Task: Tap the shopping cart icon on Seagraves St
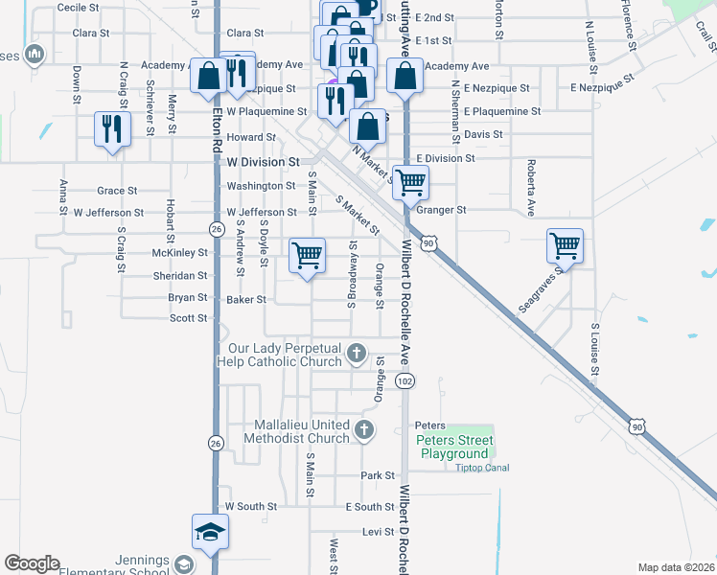(x=565, y=246)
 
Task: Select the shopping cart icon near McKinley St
(x=307, y=256)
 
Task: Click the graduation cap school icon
(x=210, y=531)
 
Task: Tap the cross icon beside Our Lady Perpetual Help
(x=357, y=354)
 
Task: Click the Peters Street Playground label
(x=454, y=447)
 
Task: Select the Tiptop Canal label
(x=475, y=468)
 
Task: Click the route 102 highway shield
(x=405, y=381)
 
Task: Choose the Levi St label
(x=379, y=531)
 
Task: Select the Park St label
(x=379, y=475)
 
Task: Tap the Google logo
(x=32, y=563)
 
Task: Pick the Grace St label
(x=117, y=191)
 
